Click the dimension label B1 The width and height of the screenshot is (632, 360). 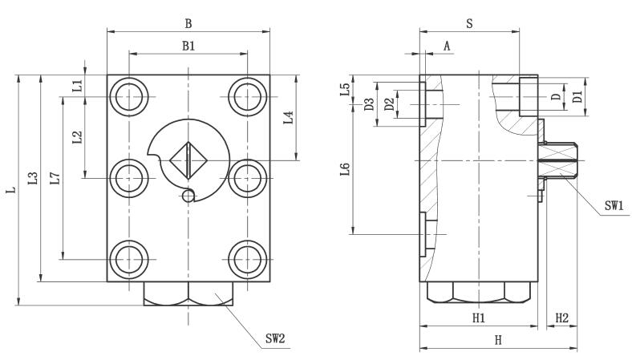[188, 47]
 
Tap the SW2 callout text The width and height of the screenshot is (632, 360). [275, 338]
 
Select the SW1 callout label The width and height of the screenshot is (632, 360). [615, 205]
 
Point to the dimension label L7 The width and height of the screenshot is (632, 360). [54, 178]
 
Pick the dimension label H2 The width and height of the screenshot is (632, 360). [562, 318]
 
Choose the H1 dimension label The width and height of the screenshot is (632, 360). [479, 318]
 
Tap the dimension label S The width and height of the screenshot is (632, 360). [469, 24]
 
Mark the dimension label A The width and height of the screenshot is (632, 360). [447, 47]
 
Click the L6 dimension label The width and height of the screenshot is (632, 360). [345, 170]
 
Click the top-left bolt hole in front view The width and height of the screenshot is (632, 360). [128, 98]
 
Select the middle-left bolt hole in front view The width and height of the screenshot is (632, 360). [128, 177]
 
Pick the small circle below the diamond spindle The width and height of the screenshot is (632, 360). [188, 195]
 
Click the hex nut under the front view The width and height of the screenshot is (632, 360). [188, 293]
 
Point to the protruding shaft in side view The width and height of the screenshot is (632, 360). [557, 160]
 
